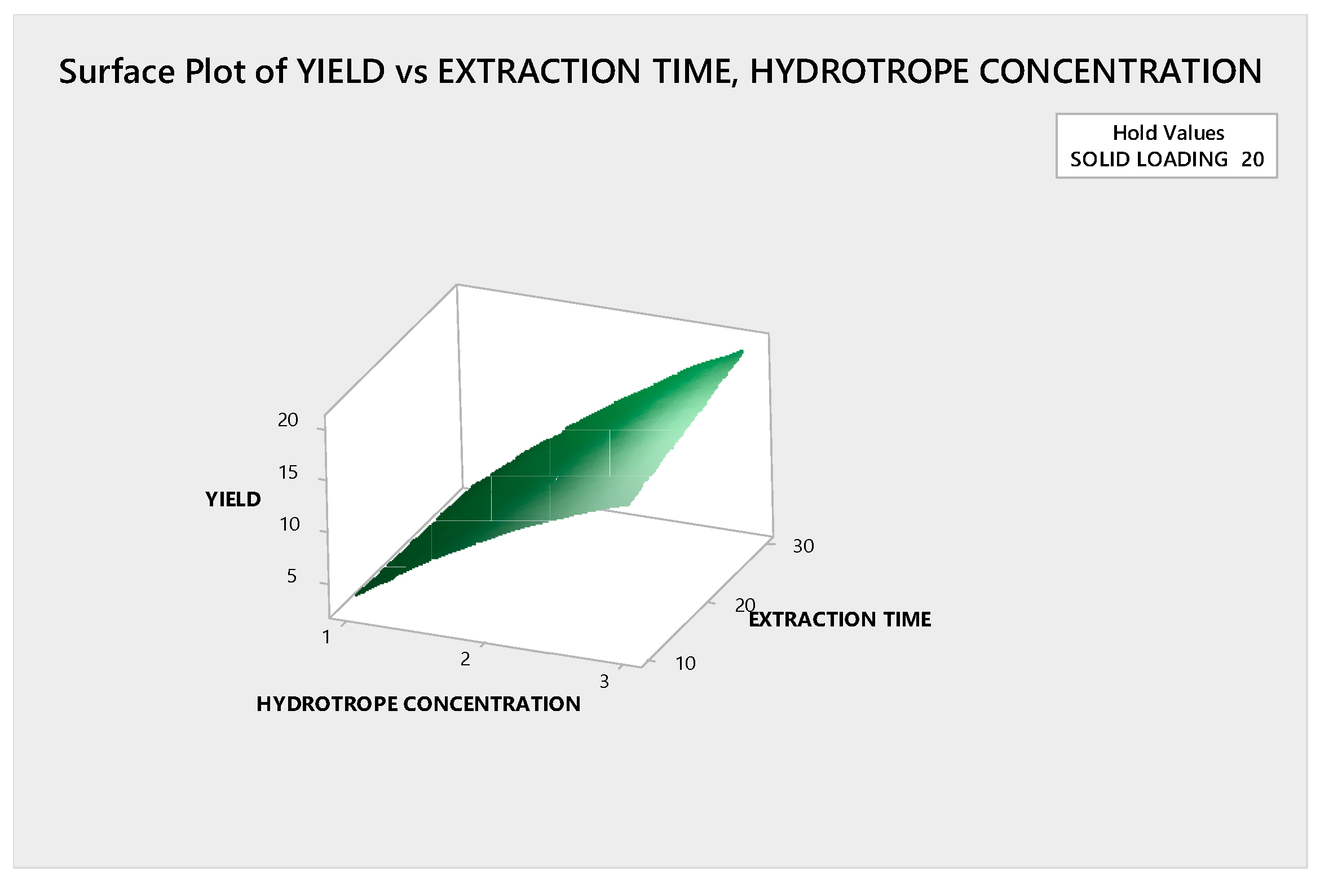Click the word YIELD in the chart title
pyautogui.click(x=341, y=72)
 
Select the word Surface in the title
pyautogui.click(x=117, y=72)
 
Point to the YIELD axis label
pyautogui.click(x=233, y=499)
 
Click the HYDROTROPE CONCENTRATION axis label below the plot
pyautogui.click(x=418, y=704)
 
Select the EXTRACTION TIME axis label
pyautogui.click(x=840, y=619)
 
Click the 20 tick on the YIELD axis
pyautogui.click(x=288, y=420)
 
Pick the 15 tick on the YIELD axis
pyautogui.click(x=288, y=473)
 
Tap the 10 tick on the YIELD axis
pyautogui.click(x=290, y=524)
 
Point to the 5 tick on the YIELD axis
pyautogui.click(x=292, y=576)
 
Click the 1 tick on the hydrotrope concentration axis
pyautogui.click(x=326, y=637)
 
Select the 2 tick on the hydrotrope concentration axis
pyautogui.click(x=465, y=659)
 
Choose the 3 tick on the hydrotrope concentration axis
pyautogui.click(x=604, y=681)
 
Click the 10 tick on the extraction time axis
pyautogui.click(x=686, y=663)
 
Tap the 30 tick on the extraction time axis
pyautogui.click(x=804, y=546)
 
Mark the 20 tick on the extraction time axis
pyautogui.click(x=745, y=605)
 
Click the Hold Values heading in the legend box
pyautogui.click(x=1168, y=133)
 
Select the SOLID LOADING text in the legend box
pyautogui.click(x=1149, y=160)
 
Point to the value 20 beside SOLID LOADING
pyautogui.click(x=1252, y=160)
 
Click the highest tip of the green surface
pyautogui.click(x=743, y=351)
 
